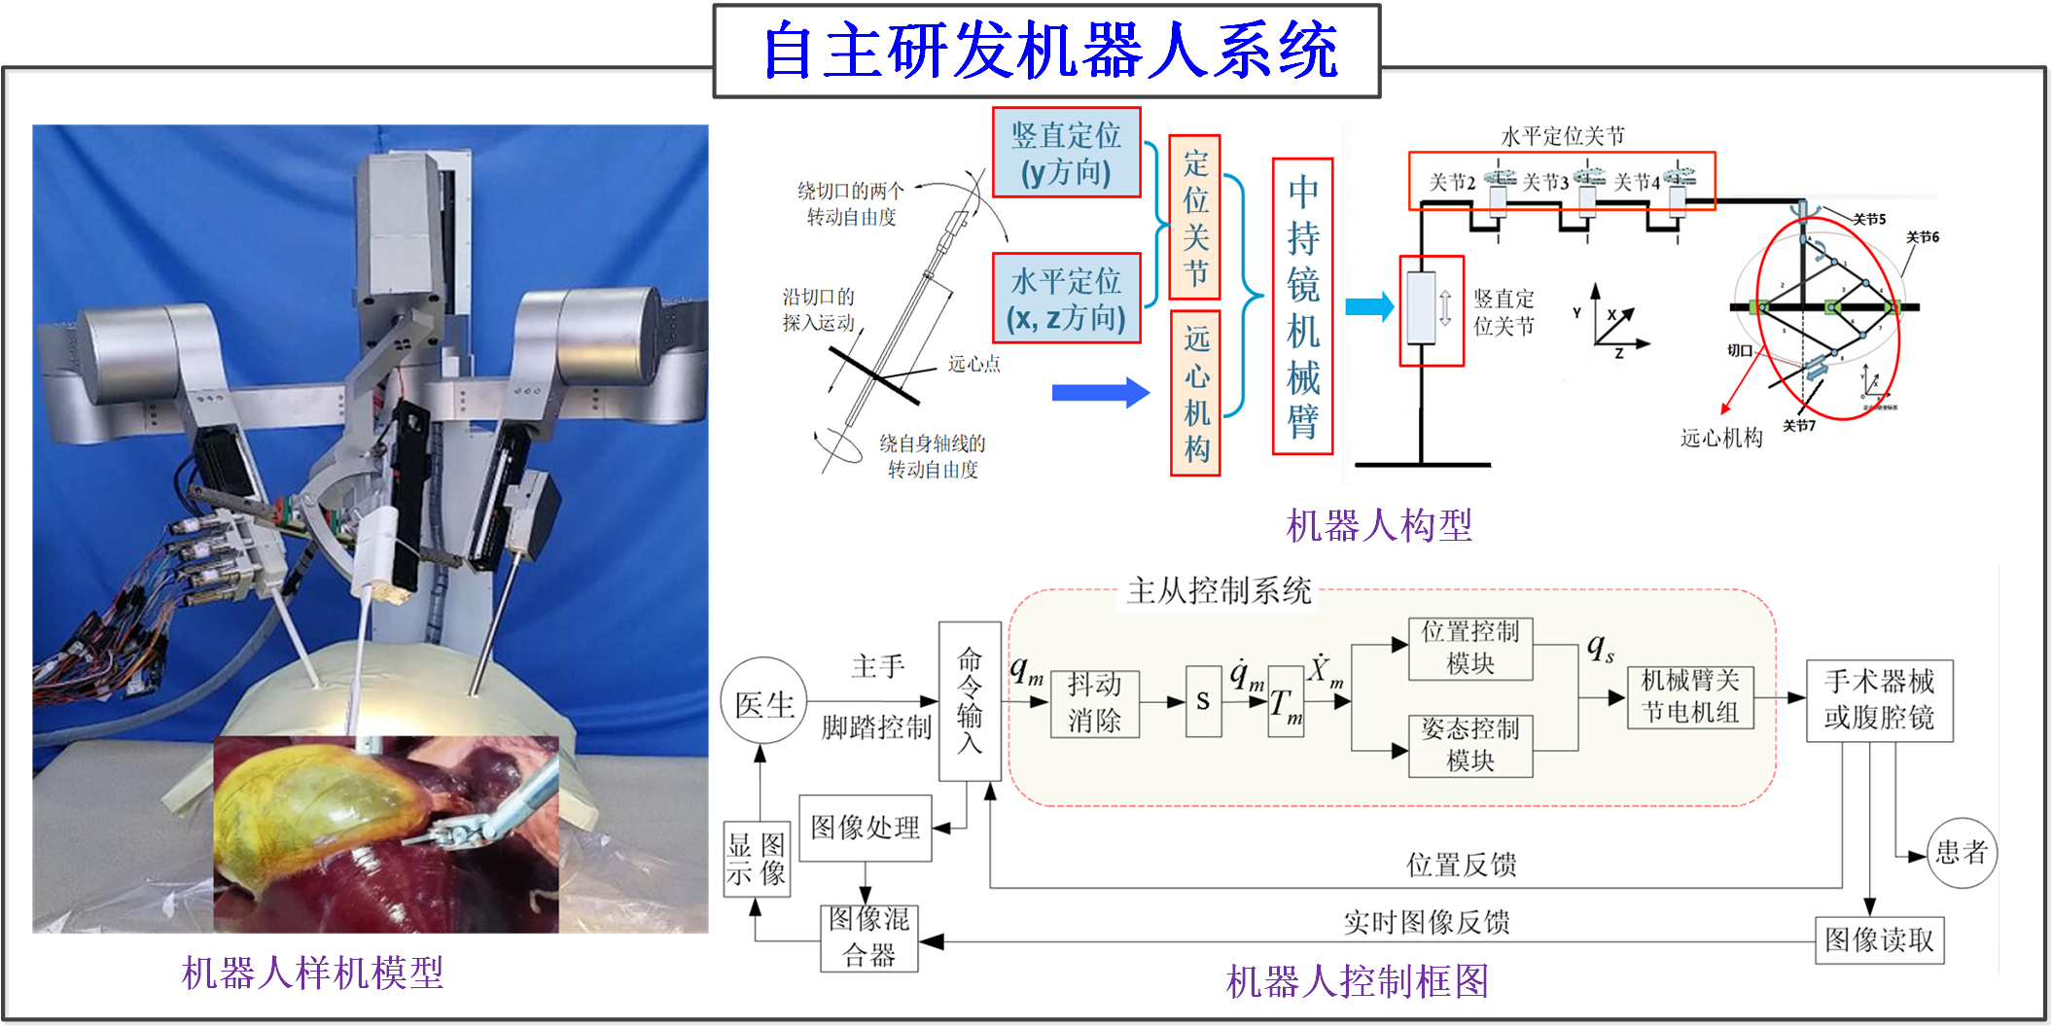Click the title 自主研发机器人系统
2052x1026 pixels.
click(1047, 52)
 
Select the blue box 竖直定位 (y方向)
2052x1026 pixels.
click(1066, 153)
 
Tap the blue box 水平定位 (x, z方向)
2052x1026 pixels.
click(1066, 299)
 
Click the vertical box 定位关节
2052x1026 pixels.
click(1194, 217)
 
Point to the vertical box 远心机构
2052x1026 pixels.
click(1195, 393)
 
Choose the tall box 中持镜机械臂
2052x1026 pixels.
click(1302, 306)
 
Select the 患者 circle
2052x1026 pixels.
click(1961, 853)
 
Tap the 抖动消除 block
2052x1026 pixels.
click(1094, 702)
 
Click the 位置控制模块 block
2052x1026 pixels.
click(1469, 648)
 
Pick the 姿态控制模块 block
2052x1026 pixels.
click(1469, 745)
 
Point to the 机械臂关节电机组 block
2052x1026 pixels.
click(1690, 697)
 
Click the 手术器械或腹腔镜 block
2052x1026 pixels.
click(1879, 700)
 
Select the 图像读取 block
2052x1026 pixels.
click(1879, 939)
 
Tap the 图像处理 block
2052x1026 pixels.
click(865, 828)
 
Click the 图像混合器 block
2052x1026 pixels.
click(868, 938)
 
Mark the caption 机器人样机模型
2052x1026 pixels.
click(312, 973)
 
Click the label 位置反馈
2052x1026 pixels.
click(1461, 864)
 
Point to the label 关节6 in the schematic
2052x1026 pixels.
click(1922, 236)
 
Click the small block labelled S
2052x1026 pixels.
click(1203, 701)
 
